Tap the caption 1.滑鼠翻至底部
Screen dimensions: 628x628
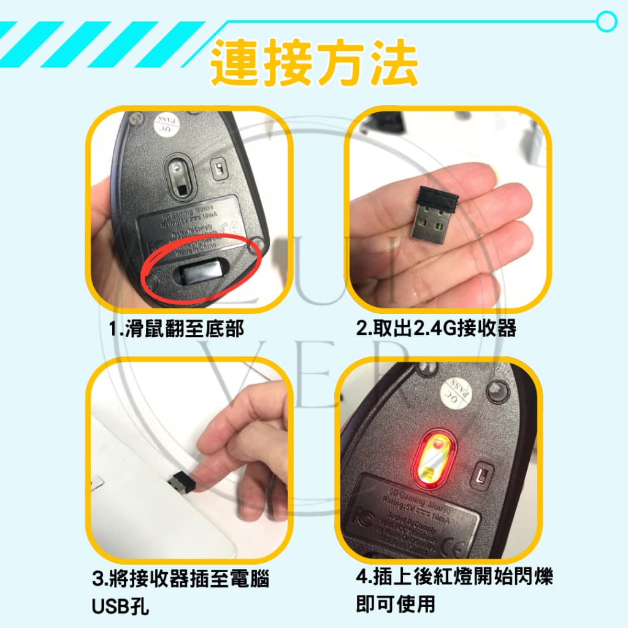point(176,329)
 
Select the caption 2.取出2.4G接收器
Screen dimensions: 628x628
point(436,329)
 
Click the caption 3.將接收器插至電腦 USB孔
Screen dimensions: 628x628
point(180,580)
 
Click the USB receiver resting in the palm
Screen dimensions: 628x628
point(436,215)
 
